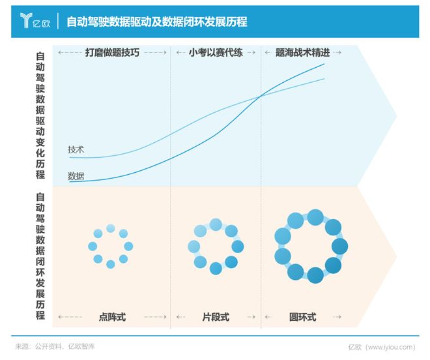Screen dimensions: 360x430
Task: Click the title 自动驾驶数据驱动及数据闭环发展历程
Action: [156, 22]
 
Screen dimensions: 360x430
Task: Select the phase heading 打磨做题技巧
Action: [112, 53]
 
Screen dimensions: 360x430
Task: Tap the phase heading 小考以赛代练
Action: [216, 53]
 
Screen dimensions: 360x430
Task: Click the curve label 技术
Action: [76, 149]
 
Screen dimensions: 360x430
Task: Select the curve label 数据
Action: [76, 175]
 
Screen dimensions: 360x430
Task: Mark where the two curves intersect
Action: [261, 97]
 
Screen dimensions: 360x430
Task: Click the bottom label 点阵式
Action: [112, 317]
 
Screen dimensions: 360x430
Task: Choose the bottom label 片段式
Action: [216, 317]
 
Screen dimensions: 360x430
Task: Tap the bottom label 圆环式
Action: [302, 317]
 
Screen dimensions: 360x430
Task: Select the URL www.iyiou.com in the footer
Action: [390, 346]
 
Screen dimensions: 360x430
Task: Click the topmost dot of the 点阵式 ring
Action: [111, 228]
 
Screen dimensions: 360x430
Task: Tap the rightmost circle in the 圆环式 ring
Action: [339, 246]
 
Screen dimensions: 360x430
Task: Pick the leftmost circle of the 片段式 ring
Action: [193, 247]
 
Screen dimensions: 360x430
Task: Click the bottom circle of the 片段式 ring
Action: [216, 268]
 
